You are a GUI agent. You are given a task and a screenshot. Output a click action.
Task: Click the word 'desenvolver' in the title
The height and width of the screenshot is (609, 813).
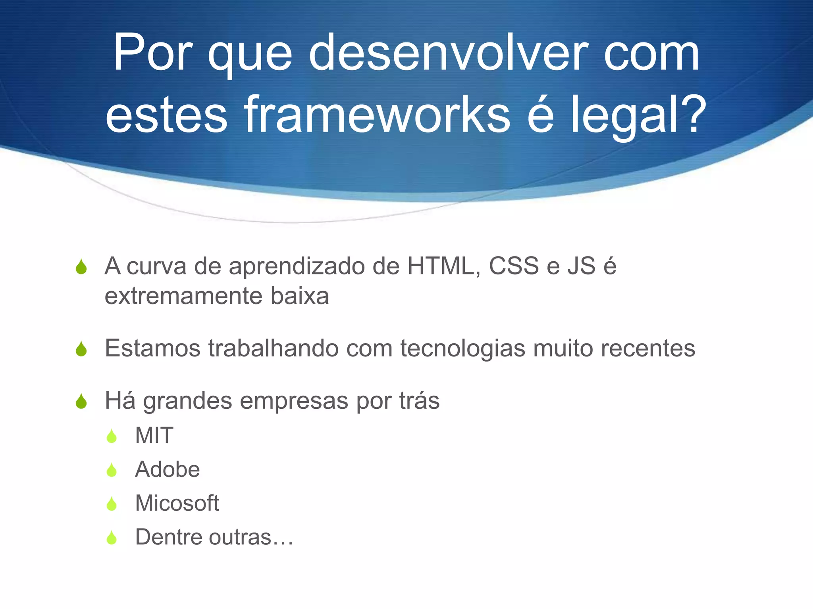(x=449, y=54)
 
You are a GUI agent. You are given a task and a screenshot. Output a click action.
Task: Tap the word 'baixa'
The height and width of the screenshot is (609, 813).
(x=300, y=296)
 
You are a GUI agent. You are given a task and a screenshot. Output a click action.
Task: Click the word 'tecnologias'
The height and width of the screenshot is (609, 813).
(x=462, y=349)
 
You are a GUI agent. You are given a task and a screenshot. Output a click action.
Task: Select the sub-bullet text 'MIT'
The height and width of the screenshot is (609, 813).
(x=154, y=435)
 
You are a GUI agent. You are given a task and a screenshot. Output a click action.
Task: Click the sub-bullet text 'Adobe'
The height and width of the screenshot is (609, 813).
(x=167, y=469)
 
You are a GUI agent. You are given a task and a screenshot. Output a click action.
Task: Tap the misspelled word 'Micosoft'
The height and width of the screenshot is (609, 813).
(x=177, y=503)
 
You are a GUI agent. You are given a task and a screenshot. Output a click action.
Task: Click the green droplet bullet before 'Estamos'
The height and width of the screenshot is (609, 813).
(x=81, y=349)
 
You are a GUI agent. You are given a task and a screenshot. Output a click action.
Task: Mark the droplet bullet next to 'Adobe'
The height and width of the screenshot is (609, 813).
(x=112, y=470)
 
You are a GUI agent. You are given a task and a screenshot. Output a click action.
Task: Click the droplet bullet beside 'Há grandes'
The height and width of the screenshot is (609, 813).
(x=81, y=401)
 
